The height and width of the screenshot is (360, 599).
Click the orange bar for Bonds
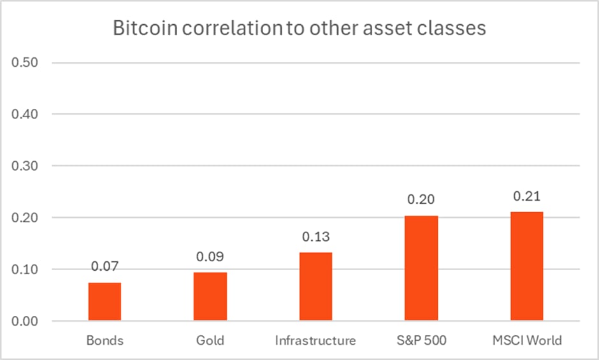click(x=105, y=301)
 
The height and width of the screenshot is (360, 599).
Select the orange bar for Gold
click(x=210, y=296)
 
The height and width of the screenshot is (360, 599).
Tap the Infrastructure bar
click(x=315, y=286)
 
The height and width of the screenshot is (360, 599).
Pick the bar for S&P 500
click(x=421, y=268)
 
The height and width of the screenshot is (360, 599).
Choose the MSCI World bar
click(x=526, y=266)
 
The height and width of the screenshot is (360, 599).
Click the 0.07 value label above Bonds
click(x=105, y=266)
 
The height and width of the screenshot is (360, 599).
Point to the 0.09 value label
click(x=210, y=256)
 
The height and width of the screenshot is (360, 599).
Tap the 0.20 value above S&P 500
click(x=421, y=199)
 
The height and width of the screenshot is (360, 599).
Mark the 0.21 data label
click(x=526, y=195)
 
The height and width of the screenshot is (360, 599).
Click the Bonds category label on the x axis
click(x=105, y=340)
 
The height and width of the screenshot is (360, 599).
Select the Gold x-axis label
click(x=210, y=340)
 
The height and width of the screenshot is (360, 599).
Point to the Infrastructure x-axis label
click(x=315, y=340)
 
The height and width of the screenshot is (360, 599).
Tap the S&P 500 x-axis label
click(x=421, y=340)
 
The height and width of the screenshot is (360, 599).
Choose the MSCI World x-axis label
click(x=526, y=340)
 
